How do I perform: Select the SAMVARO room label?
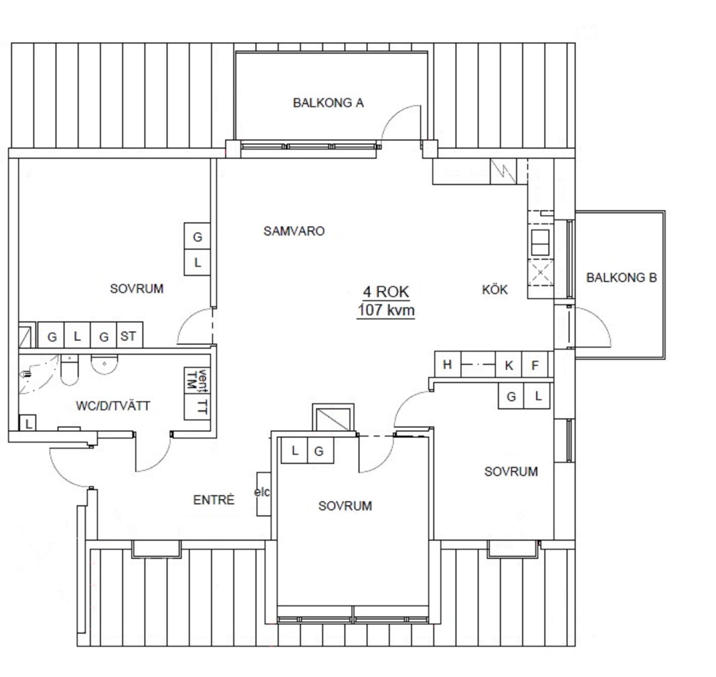(x=294, y=231)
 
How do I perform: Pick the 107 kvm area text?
(x=386, y=310)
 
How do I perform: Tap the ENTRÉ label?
(x=214, y=499)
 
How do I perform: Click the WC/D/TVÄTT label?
(x=113, y=406)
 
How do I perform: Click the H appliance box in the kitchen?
(x=448, y=364)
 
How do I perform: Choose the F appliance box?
(x=535, y=364)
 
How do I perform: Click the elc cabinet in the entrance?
(x=263, y=494)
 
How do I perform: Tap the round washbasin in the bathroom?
(x=104, y=364)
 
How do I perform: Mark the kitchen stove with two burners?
(x=540, y=243)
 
